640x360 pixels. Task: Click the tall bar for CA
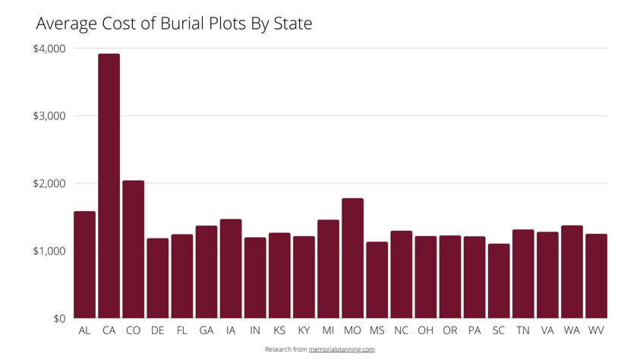109,186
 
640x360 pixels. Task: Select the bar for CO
133,249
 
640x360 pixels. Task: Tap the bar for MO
352,258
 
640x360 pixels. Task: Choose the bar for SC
499,281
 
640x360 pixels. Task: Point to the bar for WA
572,272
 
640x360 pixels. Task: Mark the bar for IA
231,269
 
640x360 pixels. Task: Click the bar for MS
377,280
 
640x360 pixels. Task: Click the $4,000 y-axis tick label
49,49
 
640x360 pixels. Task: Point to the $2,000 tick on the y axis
49,184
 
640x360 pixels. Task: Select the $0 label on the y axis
59,319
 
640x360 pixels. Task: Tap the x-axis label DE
157,331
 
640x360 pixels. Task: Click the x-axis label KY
304,331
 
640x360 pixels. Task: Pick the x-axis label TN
523,331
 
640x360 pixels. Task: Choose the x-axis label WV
596,331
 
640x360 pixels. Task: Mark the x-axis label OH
425,331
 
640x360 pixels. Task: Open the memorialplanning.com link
342,349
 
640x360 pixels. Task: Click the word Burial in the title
183,24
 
